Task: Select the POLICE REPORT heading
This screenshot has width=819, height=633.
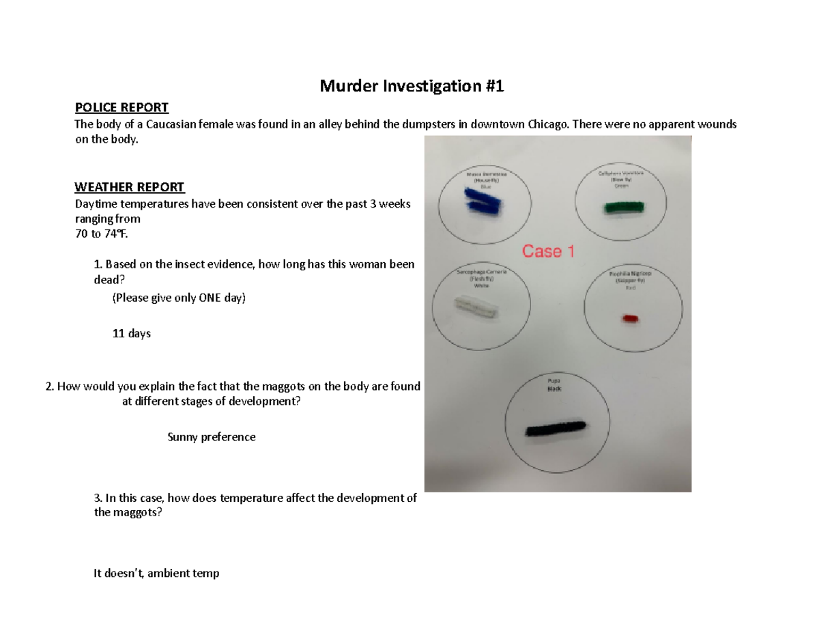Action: point(121,107)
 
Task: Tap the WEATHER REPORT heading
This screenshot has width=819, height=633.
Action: point(129,187)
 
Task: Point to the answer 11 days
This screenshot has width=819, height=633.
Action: point(131,334)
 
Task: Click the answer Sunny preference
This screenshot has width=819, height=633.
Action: point(212,437)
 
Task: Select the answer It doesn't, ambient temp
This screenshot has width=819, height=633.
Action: point(156,574)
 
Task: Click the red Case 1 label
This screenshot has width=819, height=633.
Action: point(548,251)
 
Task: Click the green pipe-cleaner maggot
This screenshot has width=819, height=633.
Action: point(624,208)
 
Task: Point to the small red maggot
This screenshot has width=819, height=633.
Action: point(629,318)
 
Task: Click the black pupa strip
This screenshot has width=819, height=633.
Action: point(555,428)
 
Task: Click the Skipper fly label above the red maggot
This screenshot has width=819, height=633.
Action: point(629,280)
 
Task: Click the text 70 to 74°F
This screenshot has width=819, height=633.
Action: point(101,234)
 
